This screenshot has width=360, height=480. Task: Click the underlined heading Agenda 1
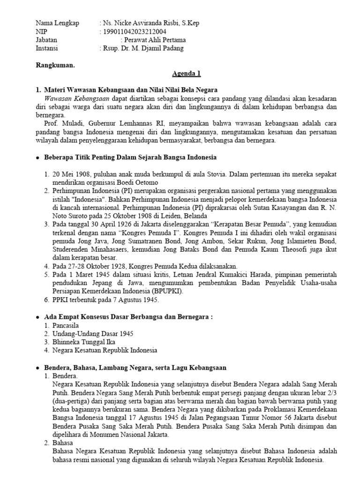186,74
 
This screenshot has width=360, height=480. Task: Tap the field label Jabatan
46,40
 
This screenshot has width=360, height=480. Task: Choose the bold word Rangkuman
55,65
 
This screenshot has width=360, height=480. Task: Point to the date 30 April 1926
100,225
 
